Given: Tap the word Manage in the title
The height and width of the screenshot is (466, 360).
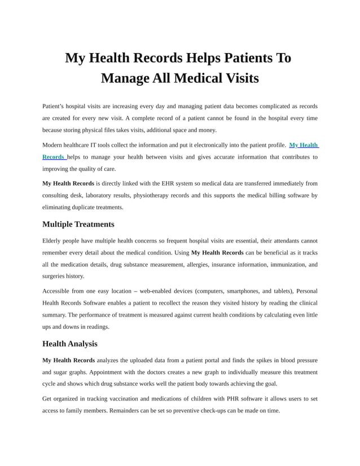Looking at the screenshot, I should pyautogui.click(x=125, y=78).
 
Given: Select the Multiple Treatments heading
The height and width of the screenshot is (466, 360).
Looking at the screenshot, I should pyautogui.click(x=78, y=224).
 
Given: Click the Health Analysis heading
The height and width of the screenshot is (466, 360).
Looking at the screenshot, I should pyautogui.click(x=69, y=344).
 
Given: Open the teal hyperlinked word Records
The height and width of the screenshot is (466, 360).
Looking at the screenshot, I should pyautogui.click(x=53, y=157).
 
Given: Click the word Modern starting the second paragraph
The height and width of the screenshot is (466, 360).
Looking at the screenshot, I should pyautogui.click(x=54, y=145).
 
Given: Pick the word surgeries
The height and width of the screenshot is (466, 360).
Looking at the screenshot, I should pyautogui.click(x=55, y=276).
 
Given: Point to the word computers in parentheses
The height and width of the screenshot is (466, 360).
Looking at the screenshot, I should pyautogui.click(x=209, y=291).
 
